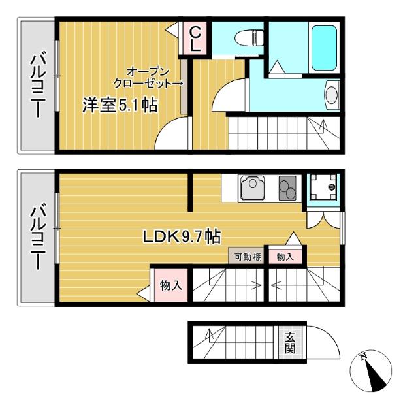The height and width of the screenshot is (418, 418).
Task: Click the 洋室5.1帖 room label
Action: coord(120,106)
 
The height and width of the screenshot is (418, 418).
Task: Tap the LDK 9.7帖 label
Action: coord(182,237)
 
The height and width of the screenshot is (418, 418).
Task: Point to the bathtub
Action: coord(323,48)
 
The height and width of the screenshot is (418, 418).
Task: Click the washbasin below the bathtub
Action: coord(332,95)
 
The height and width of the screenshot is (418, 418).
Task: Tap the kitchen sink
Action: coord(252,188)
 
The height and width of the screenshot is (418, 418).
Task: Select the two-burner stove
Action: coord(287,188)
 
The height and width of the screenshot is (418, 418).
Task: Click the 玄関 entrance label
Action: coord(289,342)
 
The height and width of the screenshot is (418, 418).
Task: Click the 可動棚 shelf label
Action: coord(248,257)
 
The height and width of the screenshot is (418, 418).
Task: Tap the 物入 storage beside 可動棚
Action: coord(285,257)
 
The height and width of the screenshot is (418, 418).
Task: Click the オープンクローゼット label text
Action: coord(147,77)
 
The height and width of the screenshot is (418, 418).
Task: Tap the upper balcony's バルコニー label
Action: coord(37,86)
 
